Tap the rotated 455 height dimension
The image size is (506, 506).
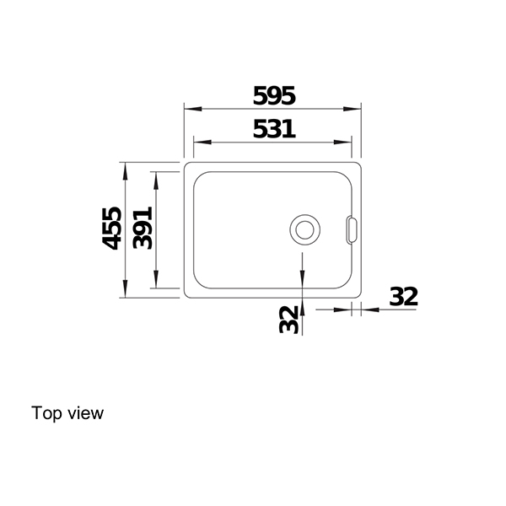click(111, 229)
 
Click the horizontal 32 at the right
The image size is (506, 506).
click(403, 297)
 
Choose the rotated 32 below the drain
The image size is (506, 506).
click(289, 319)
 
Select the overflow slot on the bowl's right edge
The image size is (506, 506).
click(351, 228)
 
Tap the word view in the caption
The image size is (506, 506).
click(87, 413)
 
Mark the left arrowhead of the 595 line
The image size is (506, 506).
click(190, 110)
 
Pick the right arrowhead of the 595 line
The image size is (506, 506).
click(356, 110)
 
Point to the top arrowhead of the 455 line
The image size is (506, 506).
click(125, 168)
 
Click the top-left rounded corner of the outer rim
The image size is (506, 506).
click(186, 165)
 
